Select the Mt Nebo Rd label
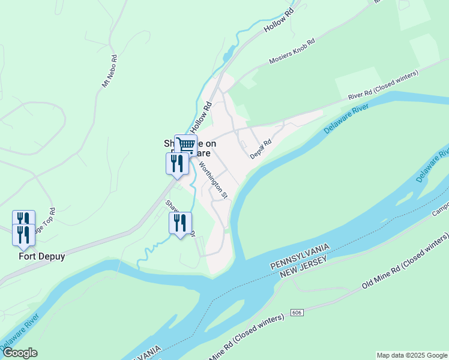coord(109,72)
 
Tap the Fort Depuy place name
coord(41,256)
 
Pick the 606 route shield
coord(296,313)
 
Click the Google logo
coord(19,353)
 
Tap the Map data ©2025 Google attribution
coord(411,355)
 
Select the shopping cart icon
coord(186,144)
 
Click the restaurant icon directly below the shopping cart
coord(177,163)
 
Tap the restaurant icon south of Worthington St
coord(180,223)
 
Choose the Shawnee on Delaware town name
coord(190,148)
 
